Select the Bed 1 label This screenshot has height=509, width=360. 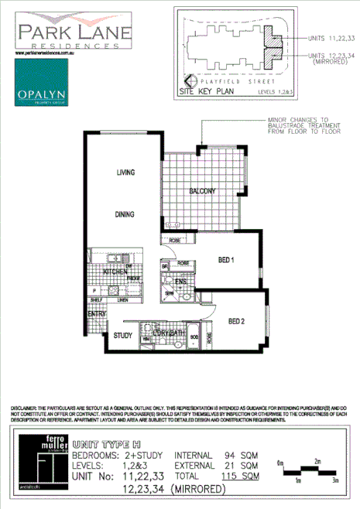click(225, 260)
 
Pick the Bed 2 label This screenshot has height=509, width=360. click(236, 320)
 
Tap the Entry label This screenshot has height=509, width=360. click(96, 314)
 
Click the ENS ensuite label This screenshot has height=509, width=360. click(180, 282)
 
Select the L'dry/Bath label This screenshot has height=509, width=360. click(170, 333)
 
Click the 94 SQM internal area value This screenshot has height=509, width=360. click(243, 456)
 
